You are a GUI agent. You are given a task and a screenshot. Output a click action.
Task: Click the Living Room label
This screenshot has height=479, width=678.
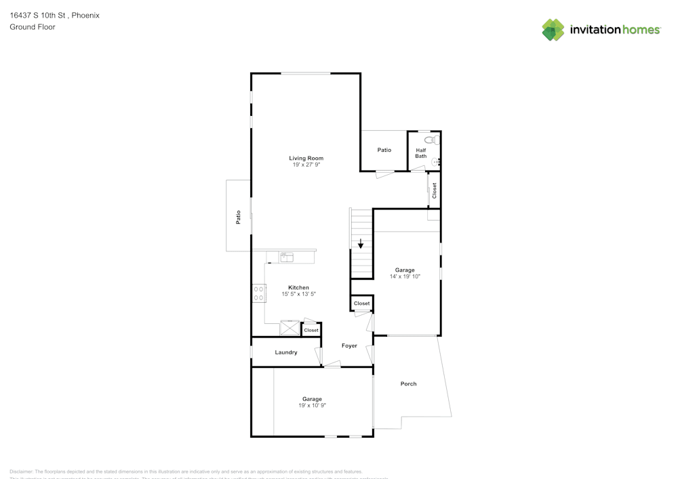tap(306, 158)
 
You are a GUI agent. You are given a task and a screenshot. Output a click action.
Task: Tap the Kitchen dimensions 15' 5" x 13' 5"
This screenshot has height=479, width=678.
tap(298, 294)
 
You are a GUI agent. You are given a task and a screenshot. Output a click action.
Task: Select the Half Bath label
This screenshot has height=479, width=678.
tap(421, 153)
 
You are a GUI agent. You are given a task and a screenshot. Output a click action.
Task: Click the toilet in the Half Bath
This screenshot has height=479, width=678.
tap(435, 140)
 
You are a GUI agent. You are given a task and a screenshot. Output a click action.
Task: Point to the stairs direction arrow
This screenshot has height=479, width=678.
tap(361, 243)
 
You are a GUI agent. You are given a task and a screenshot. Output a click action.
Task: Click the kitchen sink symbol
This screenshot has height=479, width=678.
tap(286, 257)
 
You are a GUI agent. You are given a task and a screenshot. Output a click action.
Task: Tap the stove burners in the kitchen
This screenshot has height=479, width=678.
tap(259, 293)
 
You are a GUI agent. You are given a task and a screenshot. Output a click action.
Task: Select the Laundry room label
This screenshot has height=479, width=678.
tap(285, 352)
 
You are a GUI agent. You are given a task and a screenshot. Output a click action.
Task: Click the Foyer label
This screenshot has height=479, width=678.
tap(349, 346)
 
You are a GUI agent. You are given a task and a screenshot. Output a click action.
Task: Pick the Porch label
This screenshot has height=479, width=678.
tap(408, 383)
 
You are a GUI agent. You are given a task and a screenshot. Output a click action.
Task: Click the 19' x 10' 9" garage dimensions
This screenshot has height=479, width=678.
tap(312, 405)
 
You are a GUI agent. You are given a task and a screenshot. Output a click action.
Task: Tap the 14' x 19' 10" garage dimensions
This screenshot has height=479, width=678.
tap(405, 276)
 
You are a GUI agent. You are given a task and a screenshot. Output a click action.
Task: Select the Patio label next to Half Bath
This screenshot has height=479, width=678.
tap(384, 150)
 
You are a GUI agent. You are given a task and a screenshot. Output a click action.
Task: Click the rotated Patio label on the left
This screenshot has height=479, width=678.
tap(238, 217)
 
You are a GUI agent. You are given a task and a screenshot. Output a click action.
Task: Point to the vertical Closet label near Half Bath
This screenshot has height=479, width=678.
tap(434, 190)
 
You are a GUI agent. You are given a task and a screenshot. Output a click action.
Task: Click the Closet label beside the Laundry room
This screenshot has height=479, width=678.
tap(311, 330)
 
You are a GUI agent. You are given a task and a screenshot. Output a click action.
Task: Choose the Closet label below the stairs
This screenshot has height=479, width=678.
tap(361, 303)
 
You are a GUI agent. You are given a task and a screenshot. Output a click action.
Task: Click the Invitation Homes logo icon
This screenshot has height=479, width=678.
tap(553, 30)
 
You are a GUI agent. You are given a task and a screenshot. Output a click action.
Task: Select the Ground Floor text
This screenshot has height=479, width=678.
tap(33, 27)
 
